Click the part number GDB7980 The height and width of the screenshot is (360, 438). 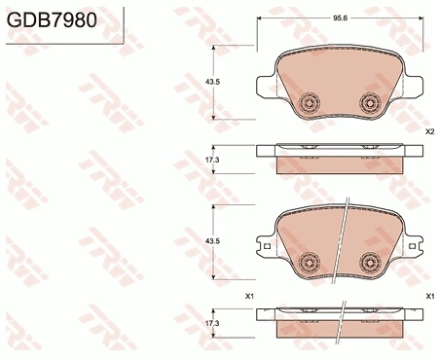(x=52, y=19)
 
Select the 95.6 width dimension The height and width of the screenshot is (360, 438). (x=340, y=18)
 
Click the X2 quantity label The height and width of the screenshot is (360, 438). (x=429, y=130)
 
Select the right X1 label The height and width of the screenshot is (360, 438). (x=429, y=295)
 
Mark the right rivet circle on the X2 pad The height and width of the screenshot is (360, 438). (x=369, y=102)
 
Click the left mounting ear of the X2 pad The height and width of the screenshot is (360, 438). (x=265, y=87)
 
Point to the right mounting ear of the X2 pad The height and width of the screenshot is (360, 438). (x=417, y=87)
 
